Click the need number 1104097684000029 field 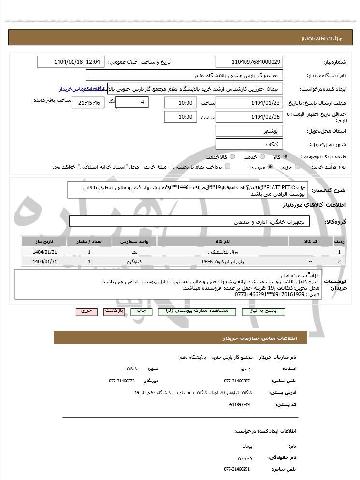[249, 62]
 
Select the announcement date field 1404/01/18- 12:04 [71, 62]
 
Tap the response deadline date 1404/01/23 [249, 103]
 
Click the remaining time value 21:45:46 [87, 103]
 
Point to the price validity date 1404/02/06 [249, 117]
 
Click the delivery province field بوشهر [249, 131]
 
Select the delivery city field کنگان [249, 144]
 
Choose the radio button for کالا [286, 157]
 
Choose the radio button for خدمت [262, 157]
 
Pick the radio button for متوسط [270, 167]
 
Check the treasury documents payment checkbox [228, 167]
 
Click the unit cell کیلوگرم [134, 261]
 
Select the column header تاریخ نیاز [44, 241]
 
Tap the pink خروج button [86, 311]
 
